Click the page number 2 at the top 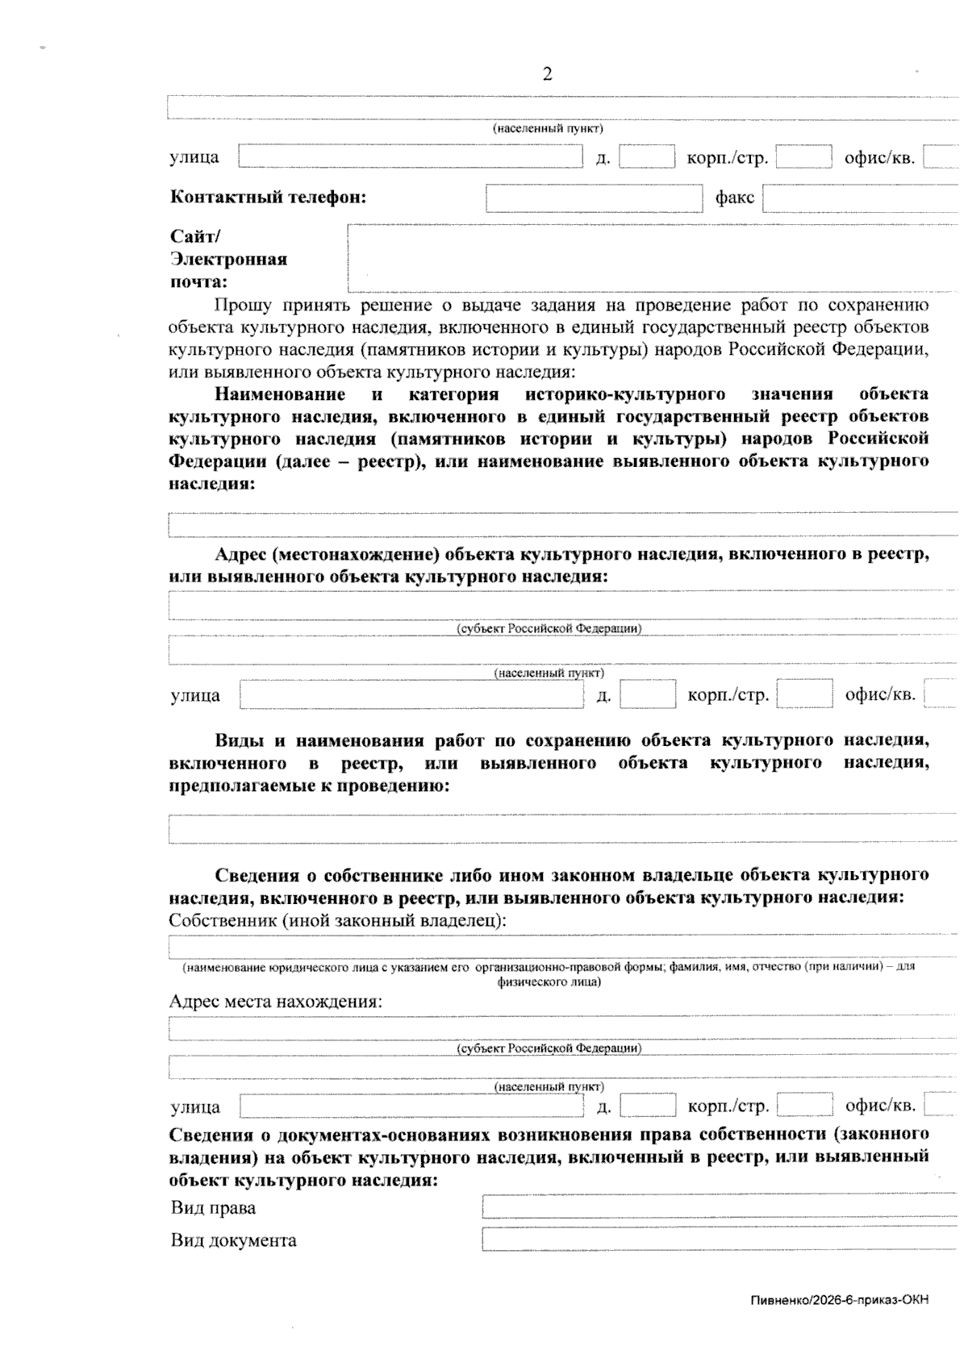pos(548,75)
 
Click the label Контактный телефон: pos(268,198)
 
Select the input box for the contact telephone pos(594,198)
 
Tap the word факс pos(734,198)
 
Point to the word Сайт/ pos(194,236)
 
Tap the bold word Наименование pos(279,394)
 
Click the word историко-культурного pos(624,394)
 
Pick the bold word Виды pos(239,741)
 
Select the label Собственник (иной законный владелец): pos(337,920)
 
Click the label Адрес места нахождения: pos(275,1002)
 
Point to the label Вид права pos(213,1208)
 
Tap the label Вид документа pos(233,1240)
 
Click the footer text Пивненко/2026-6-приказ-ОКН pos(839,1300)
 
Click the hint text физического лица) pos(548,981)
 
